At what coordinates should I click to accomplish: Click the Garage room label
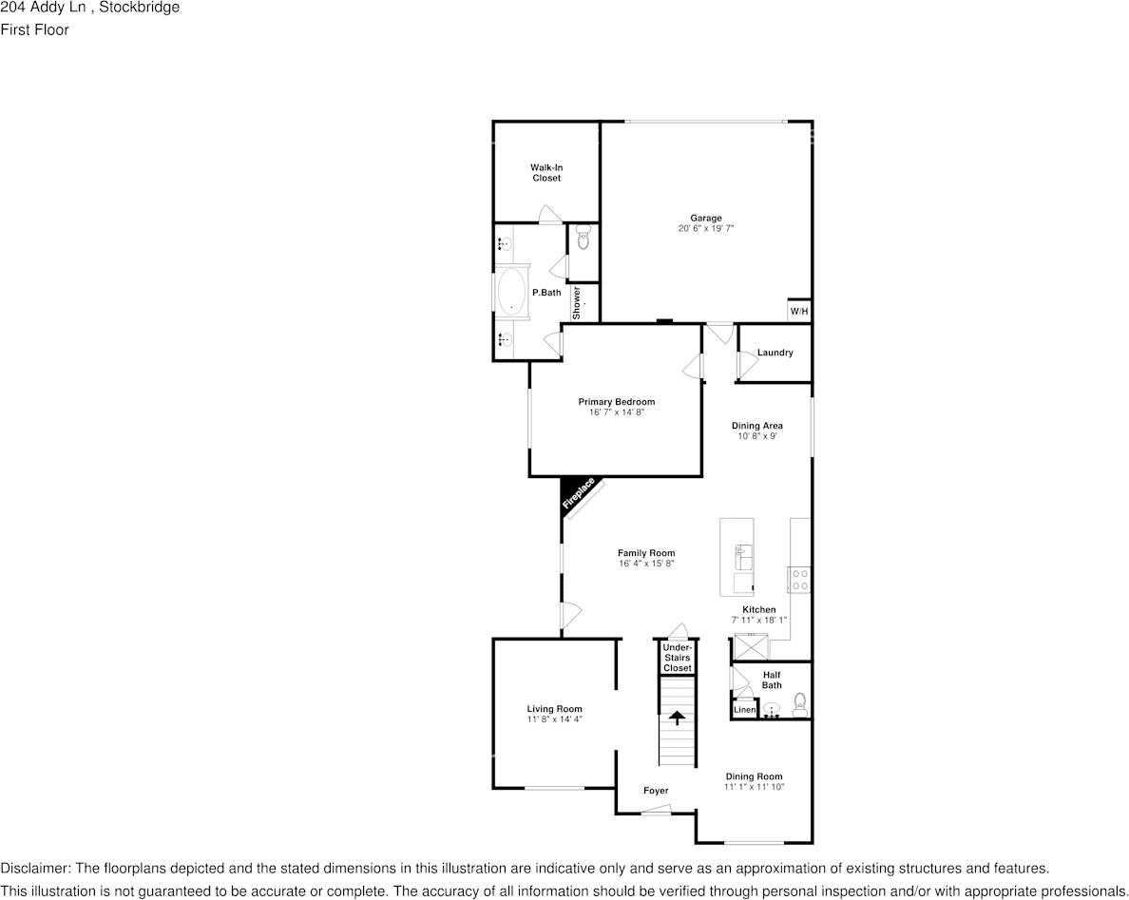pos(705,218)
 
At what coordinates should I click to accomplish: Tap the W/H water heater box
pos(798,312)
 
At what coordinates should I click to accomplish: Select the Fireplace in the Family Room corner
pos(579,495)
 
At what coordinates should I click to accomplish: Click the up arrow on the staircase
pos(677,718)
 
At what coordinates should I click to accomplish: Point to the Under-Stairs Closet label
pos(678,658)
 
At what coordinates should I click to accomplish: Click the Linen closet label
pos(744,710)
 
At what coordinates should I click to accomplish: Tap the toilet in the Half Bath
pos(800,702)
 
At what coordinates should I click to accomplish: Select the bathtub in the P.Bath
pos(511,292)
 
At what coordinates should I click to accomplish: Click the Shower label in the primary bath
pos(576,302)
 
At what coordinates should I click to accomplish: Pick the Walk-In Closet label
pos(545,173)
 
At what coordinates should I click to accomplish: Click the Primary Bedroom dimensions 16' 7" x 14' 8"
pos(616,412)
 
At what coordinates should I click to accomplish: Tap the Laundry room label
pos(775,353)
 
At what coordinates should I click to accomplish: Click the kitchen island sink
pos(742,554)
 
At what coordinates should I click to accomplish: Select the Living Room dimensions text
pos(554,719)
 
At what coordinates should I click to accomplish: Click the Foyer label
pos(655,791)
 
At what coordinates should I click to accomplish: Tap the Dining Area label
pos(756,426)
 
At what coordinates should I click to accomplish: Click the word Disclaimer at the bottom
pos(34,869)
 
